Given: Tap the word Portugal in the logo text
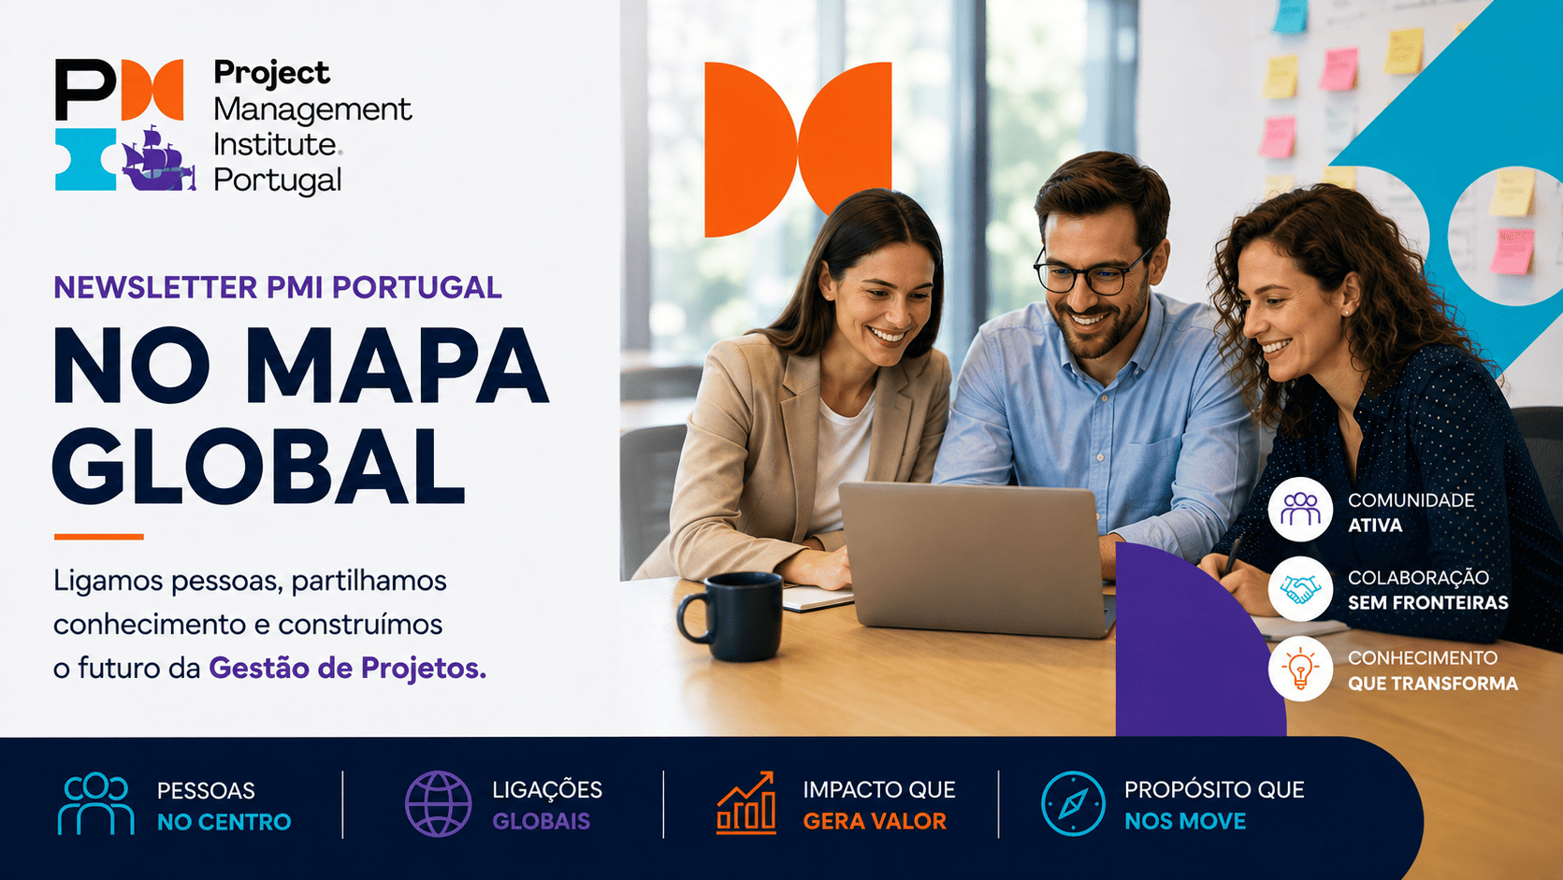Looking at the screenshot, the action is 278,180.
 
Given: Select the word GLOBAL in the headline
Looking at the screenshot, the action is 258,466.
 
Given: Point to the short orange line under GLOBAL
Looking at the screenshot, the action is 99,537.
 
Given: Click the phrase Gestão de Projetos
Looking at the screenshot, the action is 347,668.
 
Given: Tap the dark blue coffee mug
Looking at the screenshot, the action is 731,616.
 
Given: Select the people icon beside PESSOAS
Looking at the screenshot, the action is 95,803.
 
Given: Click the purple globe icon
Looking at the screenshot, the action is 438,804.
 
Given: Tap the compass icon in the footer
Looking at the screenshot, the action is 1073,803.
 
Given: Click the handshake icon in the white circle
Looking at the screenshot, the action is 1300,589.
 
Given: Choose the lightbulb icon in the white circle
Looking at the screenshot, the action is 1300,668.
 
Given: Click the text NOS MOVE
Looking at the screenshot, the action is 1185,821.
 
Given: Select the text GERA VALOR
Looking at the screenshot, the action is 875,821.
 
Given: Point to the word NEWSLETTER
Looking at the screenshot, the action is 155,287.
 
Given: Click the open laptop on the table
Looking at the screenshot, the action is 977,558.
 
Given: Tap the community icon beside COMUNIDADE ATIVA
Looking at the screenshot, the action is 1300,509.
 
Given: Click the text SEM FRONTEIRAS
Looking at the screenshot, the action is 1427,602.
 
